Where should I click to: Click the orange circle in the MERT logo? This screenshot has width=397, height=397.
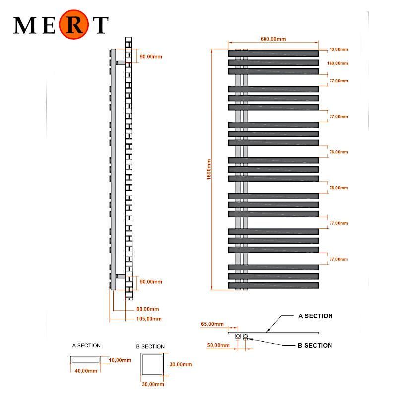click(73, 24)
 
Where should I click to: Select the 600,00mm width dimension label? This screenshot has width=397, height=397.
click(273, 39)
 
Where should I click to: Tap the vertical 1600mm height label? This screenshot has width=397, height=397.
click(209, 169)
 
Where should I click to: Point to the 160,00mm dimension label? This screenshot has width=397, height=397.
click(337, 63)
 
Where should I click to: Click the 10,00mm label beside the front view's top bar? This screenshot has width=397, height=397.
click(338, 49)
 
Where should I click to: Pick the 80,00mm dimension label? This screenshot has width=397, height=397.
click(147, 309)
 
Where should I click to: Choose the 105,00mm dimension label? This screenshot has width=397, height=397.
click(149, 319)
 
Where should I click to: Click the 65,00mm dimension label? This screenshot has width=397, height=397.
click(212, 324)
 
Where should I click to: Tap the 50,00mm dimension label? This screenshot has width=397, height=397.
click(218, 345)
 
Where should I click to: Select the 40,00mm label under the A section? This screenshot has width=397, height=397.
click(86, 371)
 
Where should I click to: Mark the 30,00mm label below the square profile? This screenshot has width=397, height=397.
click(153, 384)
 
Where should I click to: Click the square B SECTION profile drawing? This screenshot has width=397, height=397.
click(152, 365)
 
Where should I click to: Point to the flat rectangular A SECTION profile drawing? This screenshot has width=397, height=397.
click(85, 360)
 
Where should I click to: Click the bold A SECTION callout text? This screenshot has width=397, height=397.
click(315, 316)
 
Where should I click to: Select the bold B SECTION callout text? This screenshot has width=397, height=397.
click(315, 345)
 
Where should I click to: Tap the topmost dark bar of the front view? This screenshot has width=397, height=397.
click(273, 53)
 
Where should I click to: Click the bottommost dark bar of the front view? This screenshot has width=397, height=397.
click(273, 286)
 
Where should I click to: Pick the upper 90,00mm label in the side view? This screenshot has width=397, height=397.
click(151, 57)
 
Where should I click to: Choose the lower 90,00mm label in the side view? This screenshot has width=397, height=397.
click(151, 282)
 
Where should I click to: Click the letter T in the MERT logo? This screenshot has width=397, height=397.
click(102, 25)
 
